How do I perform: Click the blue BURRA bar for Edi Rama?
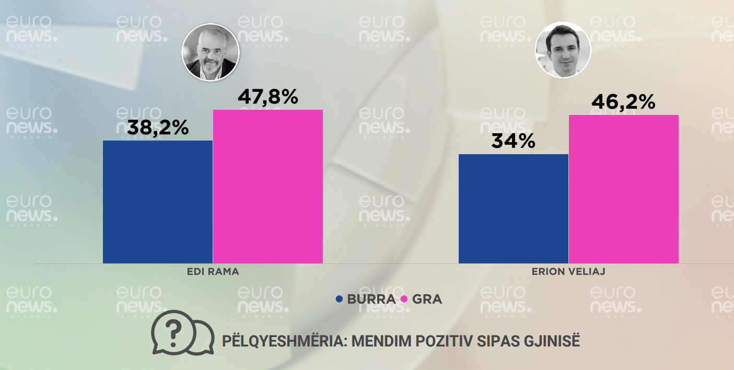click(158, 202)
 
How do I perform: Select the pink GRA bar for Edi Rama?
click(268, 186)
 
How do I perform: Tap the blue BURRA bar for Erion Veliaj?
click(514, 209)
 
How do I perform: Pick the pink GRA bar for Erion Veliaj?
click(624, 189)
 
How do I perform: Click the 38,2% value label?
click(158, 127)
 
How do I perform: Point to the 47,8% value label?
click(268, 97)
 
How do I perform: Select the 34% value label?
click(513, 141)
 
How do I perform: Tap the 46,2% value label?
click(623, 102)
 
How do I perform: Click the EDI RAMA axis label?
click(213, 272)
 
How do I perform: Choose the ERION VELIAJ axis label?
click(568, 272)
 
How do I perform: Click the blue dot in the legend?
click(339, 299)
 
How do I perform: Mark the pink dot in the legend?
click(404, 299)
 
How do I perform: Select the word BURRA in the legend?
click(371, 299)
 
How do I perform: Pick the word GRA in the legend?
click(427, 299)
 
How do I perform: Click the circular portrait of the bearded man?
click(211, 52)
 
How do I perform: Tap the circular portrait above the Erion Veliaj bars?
click(563, 50)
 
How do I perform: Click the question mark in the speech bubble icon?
click(174, 329)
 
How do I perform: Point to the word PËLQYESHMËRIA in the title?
click(284, 341)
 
